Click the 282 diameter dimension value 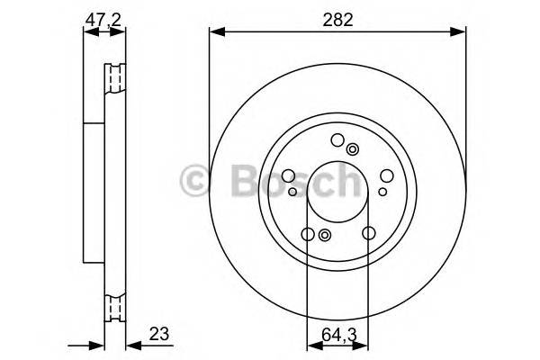coord(337,18)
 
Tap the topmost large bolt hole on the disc coord(337,139)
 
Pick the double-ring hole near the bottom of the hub coord(325,236)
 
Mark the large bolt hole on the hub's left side coord(289,176)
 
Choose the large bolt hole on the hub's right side coord(386,176)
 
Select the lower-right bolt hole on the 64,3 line coord(368,234)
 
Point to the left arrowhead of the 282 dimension coord(215,33)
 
